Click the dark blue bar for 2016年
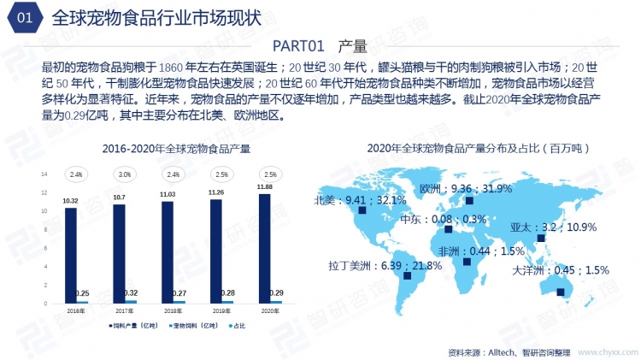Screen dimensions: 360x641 71,255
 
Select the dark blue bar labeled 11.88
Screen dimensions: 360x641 265,248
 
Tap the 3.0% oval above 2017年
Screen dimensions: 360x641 125,174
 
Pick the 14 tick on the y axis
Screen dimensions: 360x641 45,174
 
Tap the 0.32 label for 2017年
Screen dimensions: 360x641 132,292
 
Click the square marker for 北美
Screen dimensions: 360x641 362,210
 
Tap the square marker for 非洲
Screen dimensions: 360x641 466,262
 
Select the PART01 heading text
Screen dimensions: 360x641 320,45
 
